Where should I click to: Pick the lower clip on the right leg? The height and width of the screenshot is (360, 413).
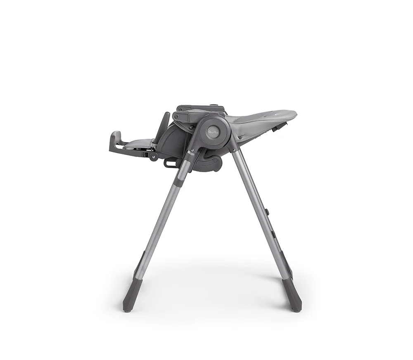(x=274, y=234)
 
